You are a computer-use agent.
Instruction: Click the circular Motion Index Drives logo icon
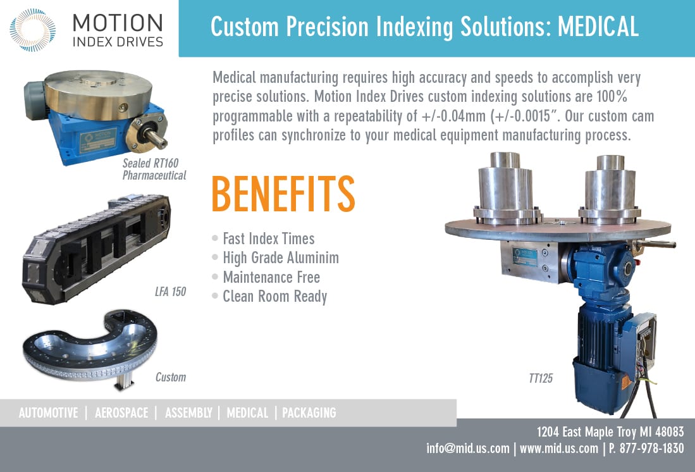click(x=32, y=30)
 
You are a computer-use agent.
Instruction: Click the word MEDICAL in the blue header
click(x=598, y=27)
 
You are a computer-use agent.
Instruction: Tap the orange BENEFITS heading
click(x=283, y=194)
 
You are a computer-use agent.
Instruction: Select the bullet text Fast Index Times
click(x=269, y=239)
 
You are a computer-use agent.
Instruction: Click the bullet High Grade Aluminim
click(x=281, y=258)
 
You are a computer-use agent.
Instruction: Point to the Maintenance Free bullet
click(x=271, y=277)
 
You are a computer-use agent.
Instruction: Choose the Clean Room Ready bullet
click(x=275, y=297)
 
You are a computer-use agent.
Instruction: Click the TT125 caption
click(x=541, y=378)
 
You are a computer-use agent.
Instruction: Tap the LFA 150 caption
click(x=170, y=292)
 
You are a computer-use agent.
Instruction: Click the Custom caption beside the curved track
click(x=171, y=377)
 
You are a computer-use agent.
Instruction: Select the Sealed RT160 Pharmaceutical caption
click(x=154, y=169)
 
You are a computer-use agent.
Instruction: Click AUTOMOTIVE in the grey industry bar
click(x=48, y=413)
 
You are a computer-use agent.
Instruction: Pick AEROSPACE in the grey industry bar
click(x=121, y=413)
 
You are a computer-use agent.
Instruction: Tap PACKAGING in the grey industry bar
click(x=309, y=413)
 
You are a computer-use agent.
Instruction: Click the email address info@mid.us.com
click(x=467, y=449)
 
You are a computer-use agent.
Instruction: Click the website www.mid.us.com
click(x=558, y=449)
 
